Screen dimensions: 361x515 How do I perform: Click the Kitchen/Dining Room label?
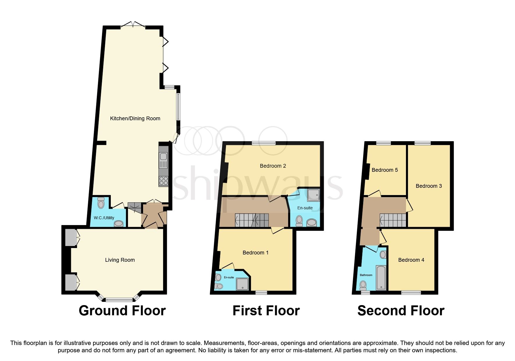coord(135,118)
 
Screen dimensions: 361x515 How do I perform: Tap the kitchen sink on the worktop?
coord(163,160)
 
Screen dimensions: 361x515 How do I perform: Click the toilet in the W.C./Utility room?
coord(101,203)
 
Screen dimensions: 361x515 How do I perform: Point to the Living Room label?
coord(120,260)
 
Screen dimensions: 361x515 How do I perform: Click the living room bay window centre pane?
coord(119,299)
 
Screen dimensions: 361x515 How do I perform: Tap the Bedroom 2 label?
coord(273,166)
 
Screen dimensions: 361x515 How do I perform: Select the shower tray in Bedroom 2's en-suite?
coord(313,195)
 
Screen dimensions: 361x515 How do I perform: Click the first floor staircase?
coord(252,220)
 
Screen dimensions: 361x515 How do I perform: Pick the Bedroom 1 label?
coord(255,253)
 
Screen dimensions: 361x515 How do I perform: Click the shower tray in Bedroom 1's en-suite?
coord(243,284)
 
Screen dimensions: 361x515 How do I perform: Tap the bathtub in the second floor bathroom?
coord(381,277)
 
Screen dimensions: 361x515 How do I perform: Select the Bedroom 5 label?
coord(384,170)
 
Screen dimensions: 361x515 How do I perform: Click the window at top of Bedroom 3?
coord(422,143)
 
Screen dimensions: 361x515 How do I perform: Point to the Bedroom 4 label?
coord(411,260)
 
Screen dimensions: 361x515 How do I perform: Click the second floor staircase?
coord(393,220)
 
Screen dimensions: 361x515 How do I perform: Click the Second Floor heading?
coord(401,311)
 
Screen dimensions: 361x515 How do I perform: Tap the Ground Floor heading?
coord(122,311)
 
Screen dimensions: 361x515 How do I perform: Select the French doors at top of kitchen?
coord(133,26)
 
